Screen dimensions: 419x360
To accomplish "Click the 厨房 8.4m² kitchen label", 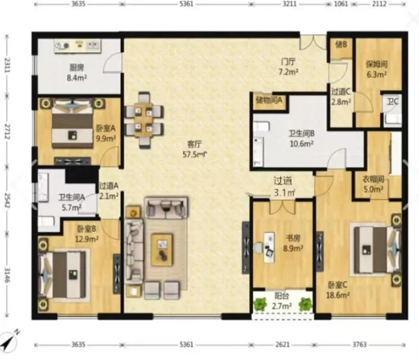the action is click(x=77, y=73).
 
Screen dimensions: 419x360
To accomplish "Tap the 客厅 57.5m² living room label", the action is click(x=195, y=149).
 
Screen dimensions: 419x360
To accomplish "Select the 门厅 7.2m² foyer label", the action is click(x=288, y=67).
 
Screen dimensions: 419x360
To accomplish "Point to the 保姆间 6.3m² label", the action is click(x=376, y=69).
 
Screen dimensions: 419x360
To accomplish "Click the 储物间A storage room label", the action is click(x=269, y=100).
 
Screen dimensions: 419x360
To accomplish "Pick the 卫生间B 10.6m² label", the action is click(x=302, y=139).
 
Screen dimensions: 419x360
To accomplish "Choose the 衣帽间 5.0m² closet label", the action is click(x=373, y=184).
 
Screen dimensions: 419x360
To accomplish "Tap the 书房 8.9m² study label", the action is click(x=293, y=243).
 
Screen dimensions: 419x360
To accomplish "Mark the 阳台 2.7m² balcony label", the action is click(x=282, y=301).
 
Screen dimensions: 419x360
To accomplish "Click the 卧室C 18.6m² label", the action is click(x=337, y=290).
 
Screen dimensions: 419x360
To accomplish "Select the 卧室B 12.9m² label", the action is click(x=86, y=233).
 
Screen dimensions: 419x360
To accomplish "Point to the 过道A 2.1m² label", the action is click(x=108, y=191).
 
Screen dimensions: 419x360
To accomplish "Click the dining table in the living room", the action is click(x=144, y=120).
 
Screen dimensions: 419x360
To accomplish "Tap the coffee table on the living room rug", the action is click(x=162, y=250).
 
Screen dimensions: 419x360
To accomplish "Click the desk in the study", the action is click(x=269, y=247).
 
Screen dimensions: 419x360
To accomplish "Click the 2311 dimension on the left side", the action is click(x=7, y=65).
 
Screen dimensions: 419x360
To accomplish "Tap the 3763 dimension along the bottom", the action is click(x=360, y=344).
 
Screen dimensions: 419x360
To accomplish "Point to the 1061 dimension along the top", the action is click(x=341, y=4).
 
